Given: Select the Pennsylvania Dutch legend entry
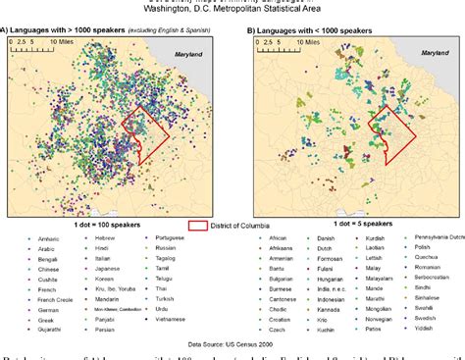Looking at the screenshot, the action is point(439,239).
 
